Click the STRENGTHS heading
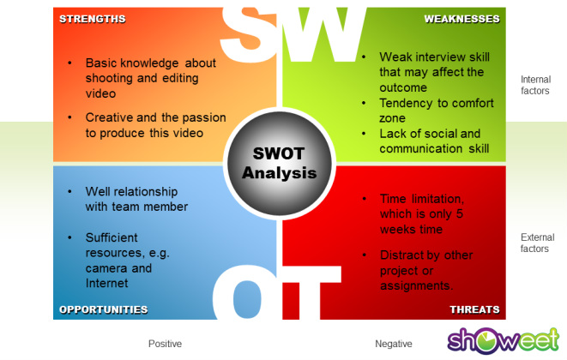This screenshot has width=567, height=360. [93, 19]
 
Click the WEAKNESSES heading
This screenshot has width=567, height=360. [462, 19]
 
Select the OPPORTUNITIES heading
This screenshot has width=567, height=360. [104, 309]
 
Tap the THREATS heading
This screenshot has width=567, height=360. [474, 309]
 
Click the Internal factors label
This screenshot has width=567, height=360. [535, 85]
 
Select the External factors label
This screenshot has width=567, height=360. [535, 243]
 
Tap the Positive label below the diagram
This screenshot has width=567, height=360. [165, 344]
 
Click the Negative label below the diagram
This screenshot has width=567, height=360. [393, 344]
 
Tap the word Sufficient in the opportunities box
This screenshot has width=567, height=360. [112, 237]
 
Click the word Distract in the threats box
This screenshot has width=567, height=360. [402, 255]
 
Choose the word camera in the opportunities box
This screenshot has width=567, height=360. [106, 267]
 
